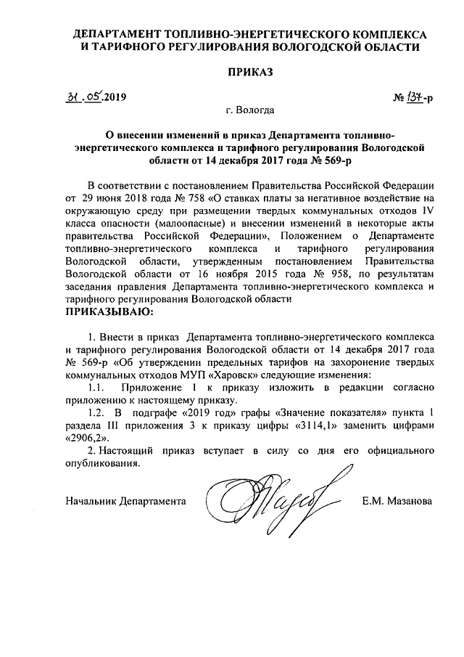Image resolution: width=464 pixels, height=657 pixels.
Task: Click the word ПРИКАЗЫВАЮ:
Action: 109,313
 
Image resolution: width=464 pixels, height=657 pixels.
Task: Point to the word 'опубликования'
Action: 101,465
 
